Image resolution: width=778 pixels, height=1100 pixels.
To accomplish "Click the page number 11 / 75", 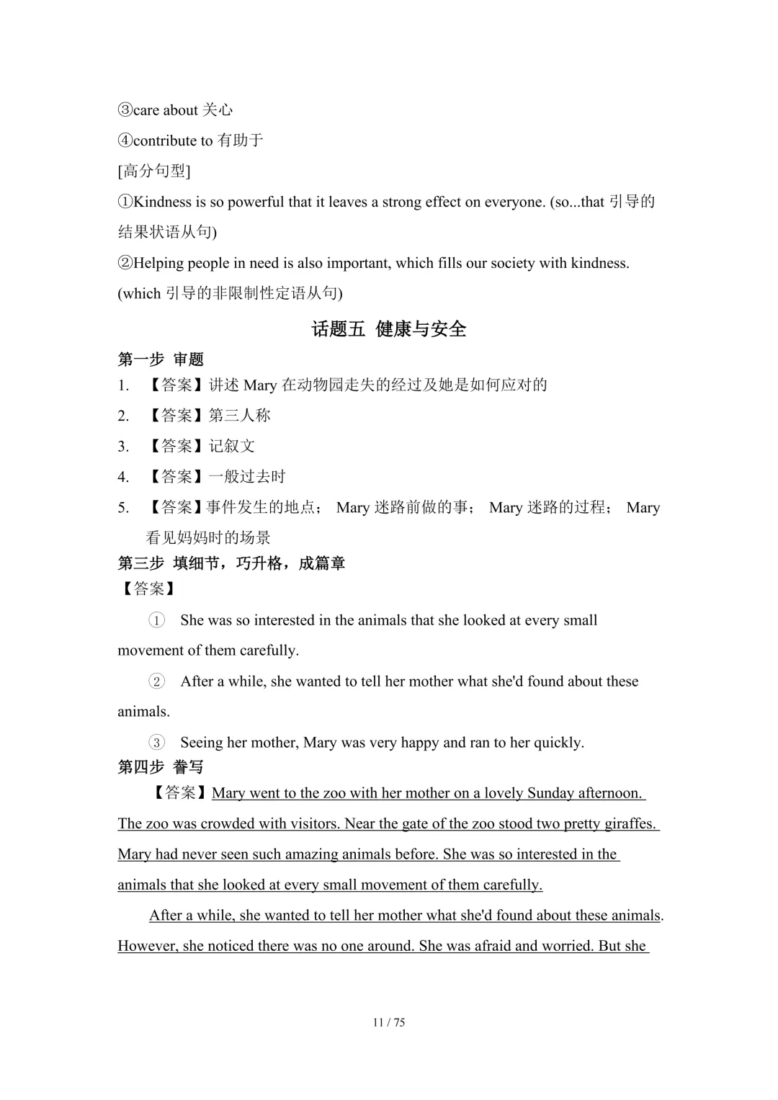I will pos(389,1022).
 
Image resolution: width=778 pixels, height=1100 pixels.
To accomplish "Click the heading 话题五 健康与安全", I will pos(389,329).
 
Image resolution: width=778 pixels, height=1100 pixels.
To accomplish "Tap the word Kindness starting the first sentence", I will pos(163,202).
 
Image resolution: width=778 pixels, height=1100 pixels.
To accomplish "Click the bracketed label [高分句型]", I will pos(154,171).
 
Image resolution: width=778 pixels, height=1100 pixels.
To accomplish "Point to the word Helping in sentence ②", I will pos(159,263).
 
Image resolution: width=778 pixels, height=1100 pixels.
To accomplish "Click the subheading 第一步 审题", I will pos(161,359).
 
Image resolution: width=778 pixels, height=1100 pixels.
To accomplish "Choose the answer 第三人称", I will pos(239,416).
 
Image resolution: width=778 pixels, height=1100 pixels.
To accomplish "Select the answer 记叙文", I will pos(232,446).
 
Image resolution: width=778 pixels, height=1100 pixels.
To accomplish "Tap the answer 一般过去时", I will pos(247,476).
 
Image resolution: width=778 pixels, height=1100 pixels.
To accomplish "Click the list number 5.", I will pos(123,508).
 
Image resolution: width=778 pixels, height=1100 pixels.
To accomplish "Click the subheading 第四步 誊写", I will pos(161,767).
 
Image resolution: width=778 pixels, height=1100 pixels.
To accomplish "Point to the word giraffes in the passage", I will pos(630,823).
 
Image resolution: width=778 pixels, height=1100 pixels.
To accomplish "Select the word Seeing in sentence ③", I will pos(202,742).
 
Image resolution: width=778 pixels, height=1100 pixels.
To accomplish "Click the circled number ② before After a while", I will pos(156,681).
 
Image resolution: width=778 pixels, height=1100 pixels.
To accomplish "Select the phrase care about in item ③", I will pos(165,110).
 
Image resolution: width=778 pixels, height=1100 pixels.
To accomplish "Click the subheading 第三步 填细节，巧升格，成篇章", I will pos(231,563).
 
